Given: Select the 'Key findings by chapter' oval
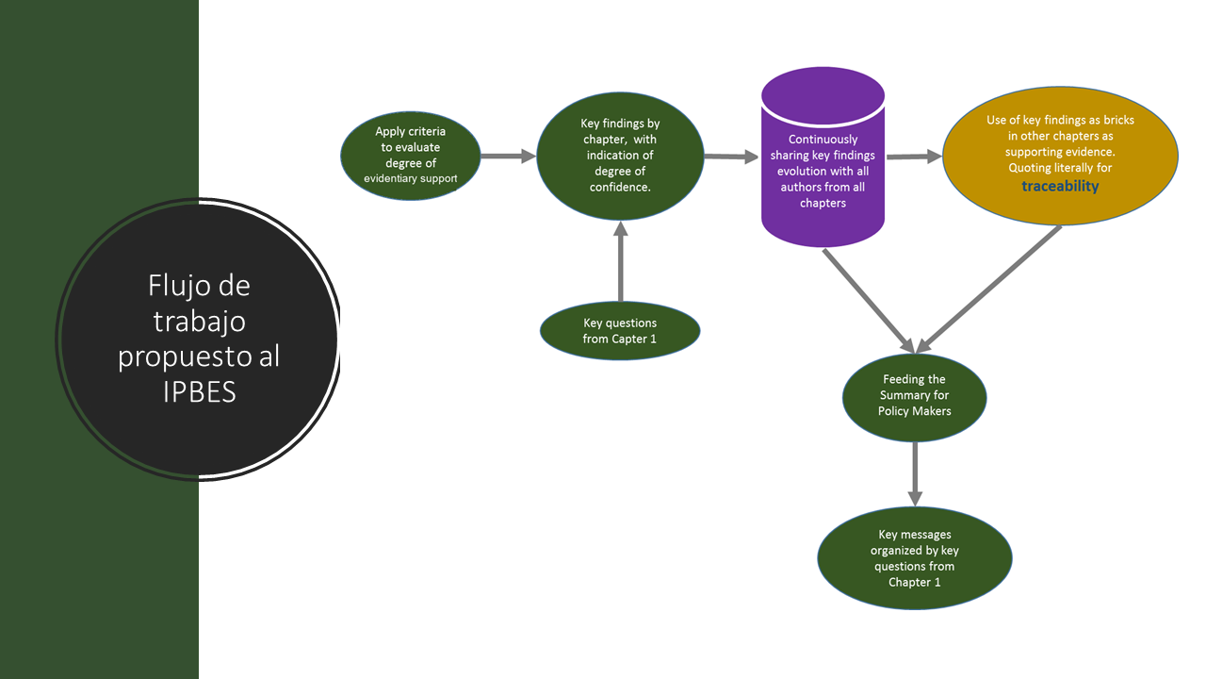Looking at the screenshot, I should point(620,156).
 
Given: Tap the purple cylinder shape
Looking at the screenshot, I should point(823,165).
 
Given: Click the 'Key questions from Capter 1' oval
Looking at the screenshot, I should point(620,331).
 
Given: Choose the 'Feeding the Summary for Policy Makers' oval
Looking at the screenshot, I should point(914,397).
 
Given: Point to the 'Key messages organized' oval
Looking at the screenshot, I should point(914,557).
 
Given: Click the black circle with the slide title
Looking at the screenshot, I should point(198,339).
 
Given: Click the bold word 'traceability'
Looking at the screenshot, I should point(1060,186).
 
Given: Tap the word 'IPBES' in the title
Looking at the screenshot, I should point(198,391).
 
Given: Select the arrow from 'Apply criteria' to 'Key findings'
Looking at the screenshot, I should point(508,157).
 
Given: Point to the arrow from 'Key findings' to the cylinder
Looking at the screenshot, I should point(732,157).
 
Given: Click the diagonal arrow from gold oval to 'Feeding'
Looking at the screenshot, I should point(989,288).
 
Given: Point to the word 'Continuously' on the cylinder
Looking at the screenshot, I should point(823,140).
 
